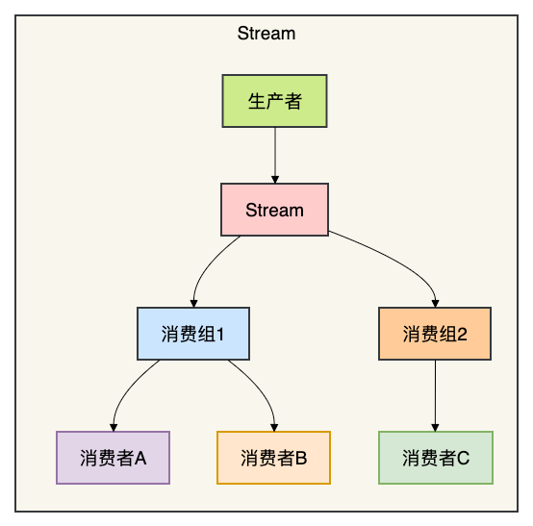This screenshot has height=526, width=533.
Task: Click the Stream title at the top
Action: tap(266, 34)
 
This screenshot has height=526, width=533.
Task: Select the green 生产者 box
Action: tap(274, 101)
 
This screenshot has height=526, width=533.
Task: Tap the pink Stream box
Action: tap(274, 210)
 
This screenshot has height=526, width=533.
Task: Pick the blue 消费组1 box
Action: tap(193, 334)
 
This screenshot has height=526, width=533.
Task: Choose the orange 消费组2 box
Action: tap(435, 334)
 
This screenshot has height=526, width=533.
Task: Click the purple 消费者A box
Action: tap(113, 458)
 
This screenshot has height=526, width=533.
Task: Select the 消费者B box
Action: tap(273, 458)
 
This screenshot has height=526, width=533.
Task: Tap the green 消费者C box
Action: tap(436, 458)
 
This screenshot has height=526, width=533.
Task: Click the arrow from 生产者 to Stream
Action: tap(275, 155)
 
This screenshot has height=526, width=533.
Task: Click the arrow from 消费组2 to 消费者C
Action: tap(435, 395)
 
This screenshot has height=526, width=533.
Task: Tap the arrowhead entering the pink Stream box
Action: tap(275, 180)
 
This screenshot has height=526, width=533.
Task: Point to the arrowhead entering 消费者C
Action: tap(435, 428)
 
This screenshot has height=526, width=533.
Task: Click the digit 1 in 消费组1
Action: tap(220, 335)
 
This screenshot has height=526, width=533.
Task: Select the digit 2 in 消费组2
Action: tap(463, 335)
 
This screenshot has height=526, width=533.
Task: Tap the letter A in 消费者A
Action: tap(140, 458)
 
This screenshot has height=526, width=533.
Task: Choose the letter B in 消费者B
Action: tap(301, 458)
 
